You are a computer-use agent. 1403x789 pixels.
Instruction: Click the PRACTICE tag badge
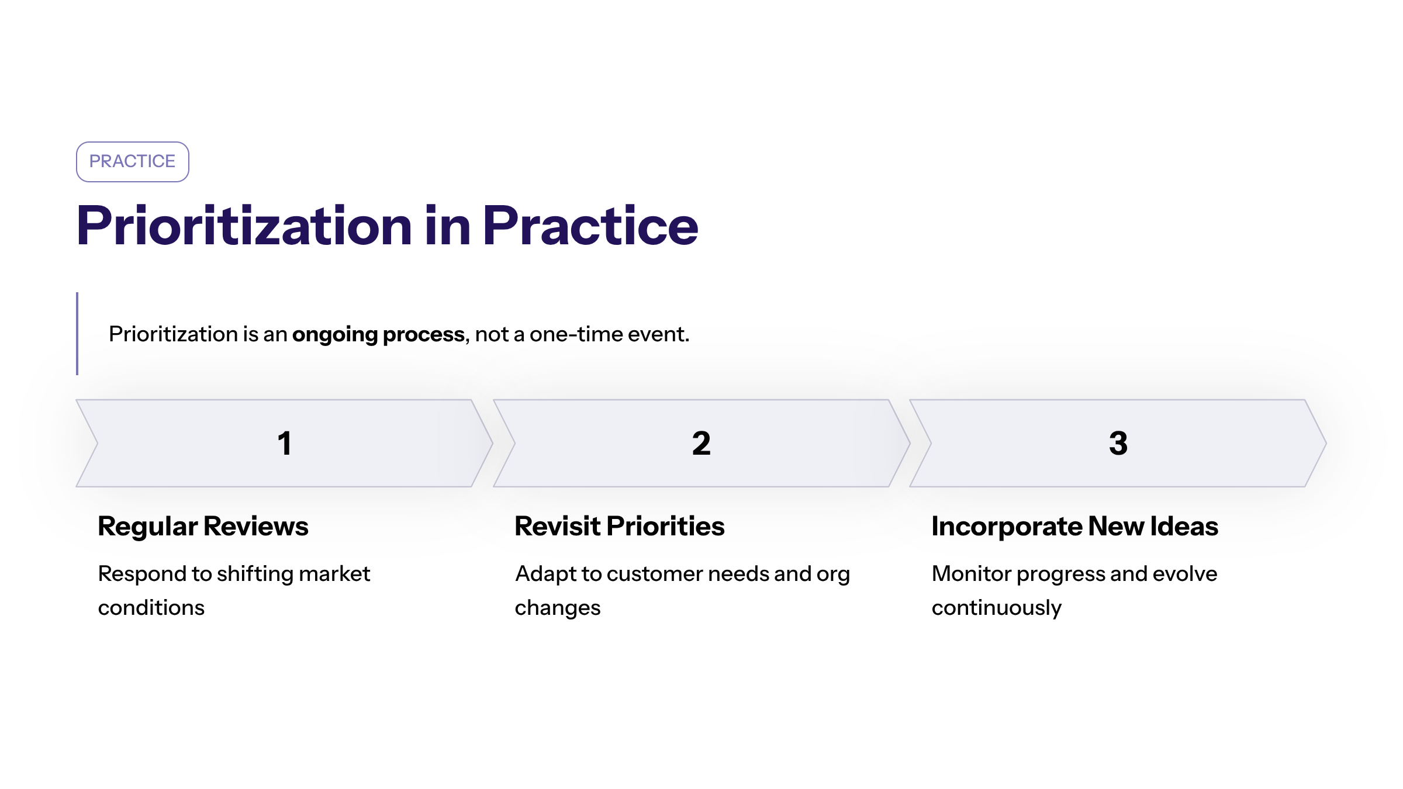132,161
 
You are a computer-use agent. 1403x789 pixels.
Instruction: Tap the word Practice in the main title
590,227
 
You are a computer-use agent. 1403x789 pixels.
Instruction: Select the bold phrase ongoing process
378,334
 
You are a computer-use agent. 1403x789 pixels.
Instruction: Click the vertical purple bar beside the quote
77,333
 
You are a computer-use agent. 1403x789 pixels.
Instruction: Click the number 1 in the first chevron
284,443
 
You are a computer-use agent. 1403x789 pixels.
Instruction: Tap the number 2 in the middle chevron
701,443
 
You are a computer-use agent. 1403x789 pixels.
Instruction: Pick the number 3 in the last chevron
1118,443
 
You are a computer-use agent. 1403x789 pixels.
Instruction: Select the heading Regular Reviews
203,526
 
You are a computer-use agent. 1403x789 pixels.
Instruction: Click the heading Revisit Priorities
619,526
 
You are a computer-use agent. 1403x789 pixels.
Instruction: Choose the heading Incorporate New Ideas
1074,526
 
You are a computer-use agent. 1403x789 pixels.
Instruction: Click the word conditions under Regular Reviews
151,608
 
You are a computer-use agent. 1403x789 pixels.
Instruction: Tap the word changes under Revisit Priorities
557,608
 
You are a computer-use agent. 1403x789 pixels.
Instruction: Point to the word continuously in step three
996,608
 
